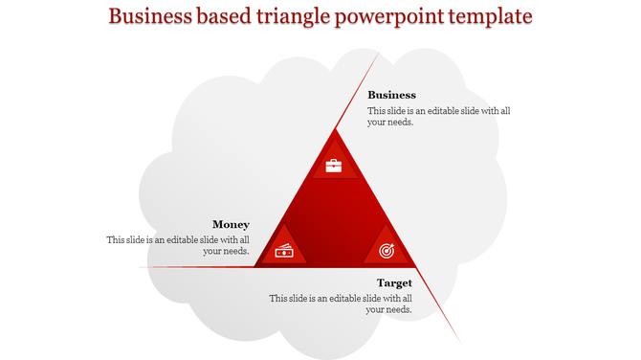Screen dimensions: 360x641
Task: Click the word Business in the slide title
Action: tap(153, 18)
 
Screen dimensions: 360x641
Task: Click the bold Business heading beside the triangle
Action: tap(391, 95)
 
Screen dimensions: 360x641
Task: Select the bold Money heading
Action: tap(231, 224)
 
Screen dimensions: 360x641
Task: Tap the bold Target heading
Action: tap(394, 282)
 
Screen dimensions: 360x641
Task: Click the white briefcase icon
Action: tap(333, 166)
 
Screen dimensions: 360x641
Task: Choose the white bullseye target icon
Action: tap(386, 251)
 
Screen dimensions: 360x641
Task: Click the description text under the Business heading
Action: tap(438, 117)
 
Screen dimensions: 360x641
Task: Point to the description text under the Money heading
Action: tap(179, 245)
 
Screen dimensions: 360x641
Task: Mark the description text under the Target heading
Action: tap(341, 304)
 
